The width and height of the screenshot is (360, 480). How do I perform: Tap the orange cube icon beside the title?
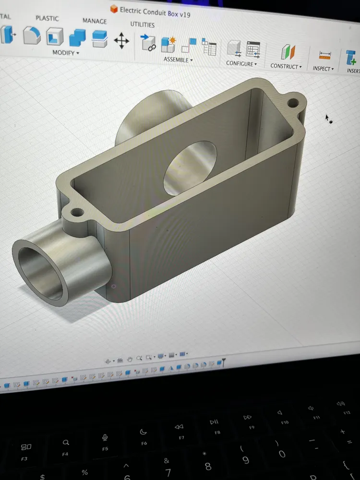[x=114, y=9]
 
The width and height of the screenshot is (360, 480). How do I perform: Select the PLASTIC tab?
[x=47, y=18]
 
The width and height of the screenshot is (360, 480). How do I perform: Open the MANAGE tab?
[x=95, y=21]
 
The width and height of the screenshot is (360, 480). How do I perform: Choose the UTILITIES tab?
[x=143, y=24]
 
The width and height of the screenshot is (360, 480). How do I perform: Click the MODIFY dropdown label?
[x=65, y=52]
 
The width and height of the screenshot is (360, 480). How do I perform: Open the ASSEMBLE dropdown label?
[x=178, y=60]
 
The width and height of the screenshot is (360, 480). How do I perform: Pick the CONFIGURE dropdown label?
[x=241, y=63]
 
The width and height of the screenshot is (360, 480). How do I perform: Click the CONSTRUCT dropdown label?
[x=286, y=66]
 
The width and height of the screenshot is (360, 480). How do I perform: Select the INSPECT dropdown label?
[x=323, y=68]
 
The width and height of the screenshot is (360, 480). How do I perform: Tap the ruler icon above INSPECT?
[x=325, y=55]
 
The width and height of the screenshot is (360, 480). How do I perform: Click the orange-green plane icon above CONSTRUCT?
[x=288, y=52]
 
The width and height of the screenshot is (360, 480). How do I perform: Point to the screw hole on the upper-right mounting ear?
[x=292, y=102]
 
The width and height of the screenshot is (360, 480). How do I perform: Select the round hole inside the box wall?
[x=190, y=165]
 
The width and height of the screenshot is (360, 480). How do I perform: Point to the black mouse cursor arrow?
[x=327, y=118]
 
